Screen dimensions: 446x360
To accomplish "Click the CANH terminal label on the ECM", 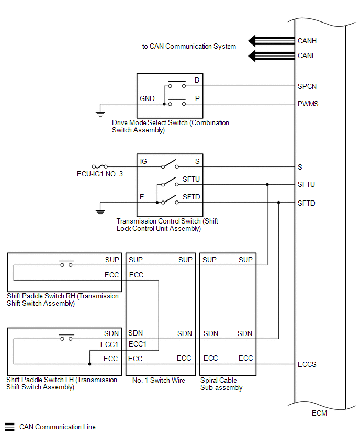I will [x=307, y=41].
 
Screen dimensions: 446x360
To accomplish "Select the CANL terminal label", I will [x=307, y=55].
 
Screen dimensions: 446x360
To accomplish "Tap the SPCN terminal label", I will [x=307, y=86].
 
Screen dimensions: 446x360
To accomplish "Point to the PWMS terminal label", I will [x=308, y=104].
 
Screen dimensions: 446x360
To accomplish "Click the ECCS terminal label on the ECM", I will [x=307, y=364].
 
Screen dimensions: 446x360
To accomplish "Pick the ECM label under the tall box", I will [x=319, y=413].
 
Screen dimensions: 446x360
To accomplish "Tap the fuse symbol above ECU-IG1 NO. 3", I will [x=99, y=166].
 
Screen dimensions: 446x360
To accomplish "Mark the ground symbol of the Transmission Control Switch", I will [x=99, y=211].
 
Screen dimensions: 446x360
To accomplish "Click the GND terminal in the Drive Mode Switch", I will [x=147, y=98].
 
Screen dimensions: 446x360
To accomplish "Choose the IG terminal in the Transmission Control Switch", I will [x=143, y=161].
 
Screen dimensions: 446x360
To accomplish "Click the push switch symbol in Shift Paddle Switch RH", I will [x=66, y=263].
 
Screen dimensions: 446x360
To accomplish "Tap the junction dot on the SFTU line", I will [x=267, y=184].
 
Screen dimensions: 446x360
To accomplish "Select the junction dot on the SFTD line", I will [x=279, y=203].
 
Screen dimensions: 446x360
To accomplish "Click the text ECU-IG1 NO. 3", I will [x=99, y=174].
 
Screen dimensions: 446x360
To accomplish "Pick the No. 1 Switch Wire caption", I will [x=159, y=381].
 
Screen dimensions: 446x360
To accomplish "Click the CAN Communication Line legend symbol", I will [x=9, y=427].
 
